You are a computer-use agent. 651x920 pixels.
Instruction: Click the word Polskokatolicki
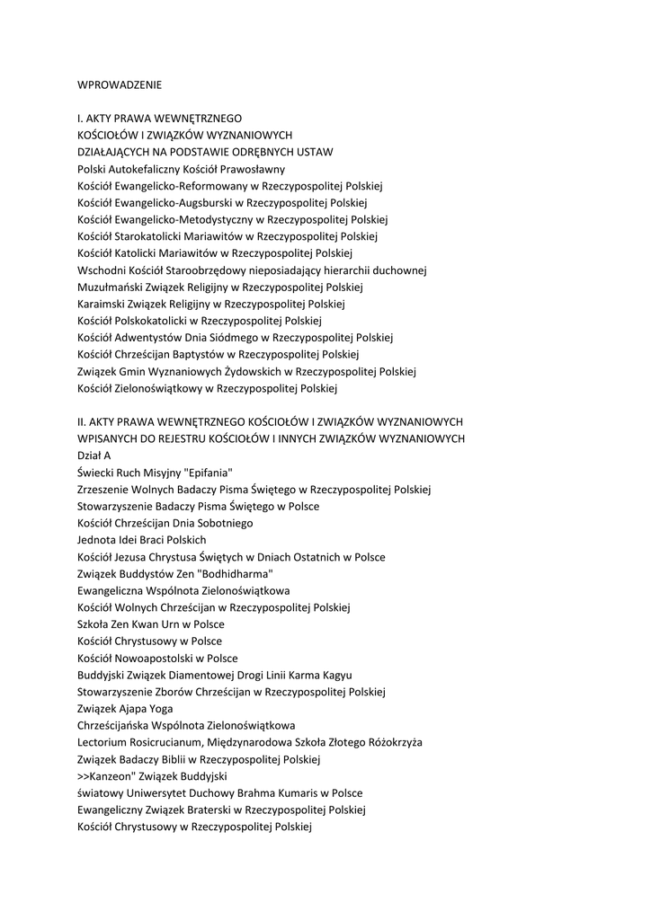[x=147, y=321]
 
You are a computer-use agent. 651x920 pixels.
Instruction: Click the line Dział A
[x=94, y=456]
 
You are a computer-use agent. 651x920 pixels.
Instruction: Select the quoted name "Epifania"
[x=205, y=473]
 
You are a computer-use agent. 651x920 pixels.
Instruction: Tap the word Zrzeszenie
[x=105, y=490]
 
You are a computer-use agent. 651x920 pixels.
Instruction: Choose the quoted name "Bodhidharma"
[x=236, y=574]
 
